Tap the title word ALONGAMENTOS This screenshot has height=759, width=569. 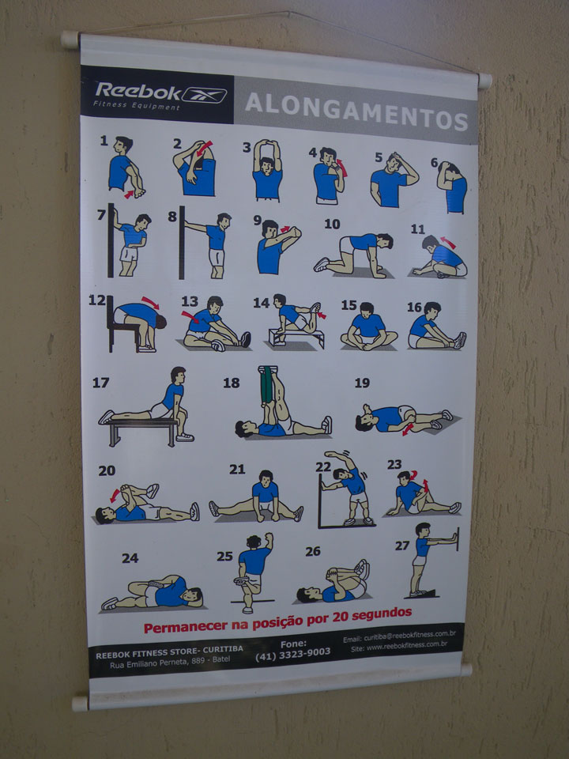tap(356, 111)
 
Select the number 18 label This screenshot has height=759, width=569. tap(231, 383)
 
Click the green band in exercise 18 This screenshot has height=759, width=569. tap(266, 385)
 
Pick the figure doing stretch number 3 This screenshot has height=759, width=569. tap(267, 171)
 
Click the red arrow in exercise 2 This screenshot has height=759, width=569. tap(204, 148)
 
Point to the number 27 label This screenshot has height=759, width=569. tap(402, 546)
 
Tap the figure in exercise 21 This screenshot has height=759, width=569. tap(256, 497)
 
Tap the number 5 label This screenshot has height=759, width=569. tap(379, 158)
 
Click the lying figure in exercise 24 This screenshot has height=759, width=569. tap(153, 593)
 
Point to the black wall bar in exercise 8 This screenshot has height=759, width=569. tap(182, 242)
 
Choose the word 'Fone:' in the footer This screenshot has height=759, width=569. tap(293, 644)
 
